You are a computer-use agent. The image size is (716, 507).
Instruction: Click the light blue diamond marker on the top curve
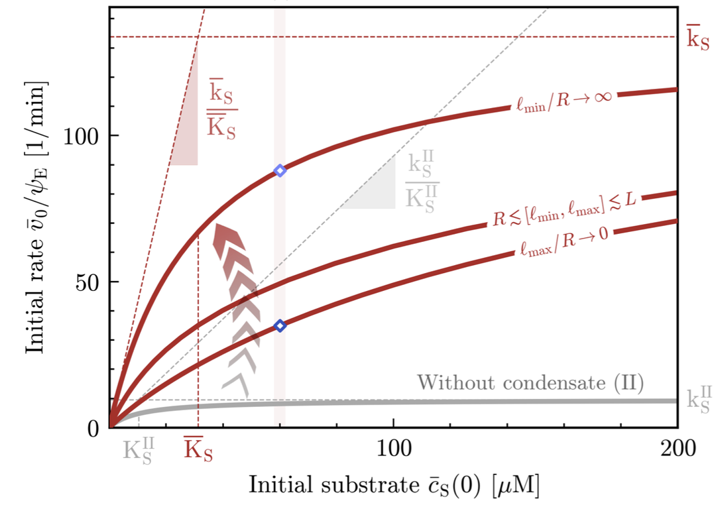coord(280,171)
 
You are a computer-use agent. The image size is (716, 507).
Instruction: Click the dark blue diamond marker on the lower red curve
coord(280,325)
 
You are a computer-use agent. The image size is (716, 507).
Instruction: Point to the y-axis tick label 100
coord(81,136)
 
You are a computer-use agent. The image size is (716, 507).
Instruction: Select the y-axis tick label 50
coord(88,282)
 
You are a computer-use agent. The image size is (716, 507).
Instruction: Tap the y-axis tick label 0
coord(93,429)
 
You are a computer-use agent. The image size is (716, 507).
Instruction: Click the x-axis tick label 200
coord(678,448)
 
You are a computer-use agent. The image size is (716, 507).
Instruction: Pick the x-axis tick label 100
coord(394,448)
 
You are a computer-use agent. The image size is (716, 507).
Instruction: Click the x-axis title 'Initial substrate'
coord(331,484)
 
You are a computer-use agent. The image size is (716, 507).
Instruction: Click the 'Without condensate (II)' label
coord(530,382)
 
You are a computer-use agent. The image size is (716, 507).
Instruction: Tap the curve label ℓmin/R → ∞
coord(564,100)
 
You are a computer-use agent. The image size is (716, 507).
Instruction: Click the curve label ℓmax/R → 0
coord(564,241)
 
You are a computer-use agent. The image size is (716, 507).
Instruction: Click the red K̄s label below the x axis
coord(198,449)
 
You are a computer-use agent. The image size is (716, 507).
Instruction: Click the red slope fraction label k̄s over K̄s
coord(221,109)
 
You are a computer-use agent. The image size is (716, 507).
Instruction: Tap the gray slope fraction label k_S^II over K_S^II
coord(422,182)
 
